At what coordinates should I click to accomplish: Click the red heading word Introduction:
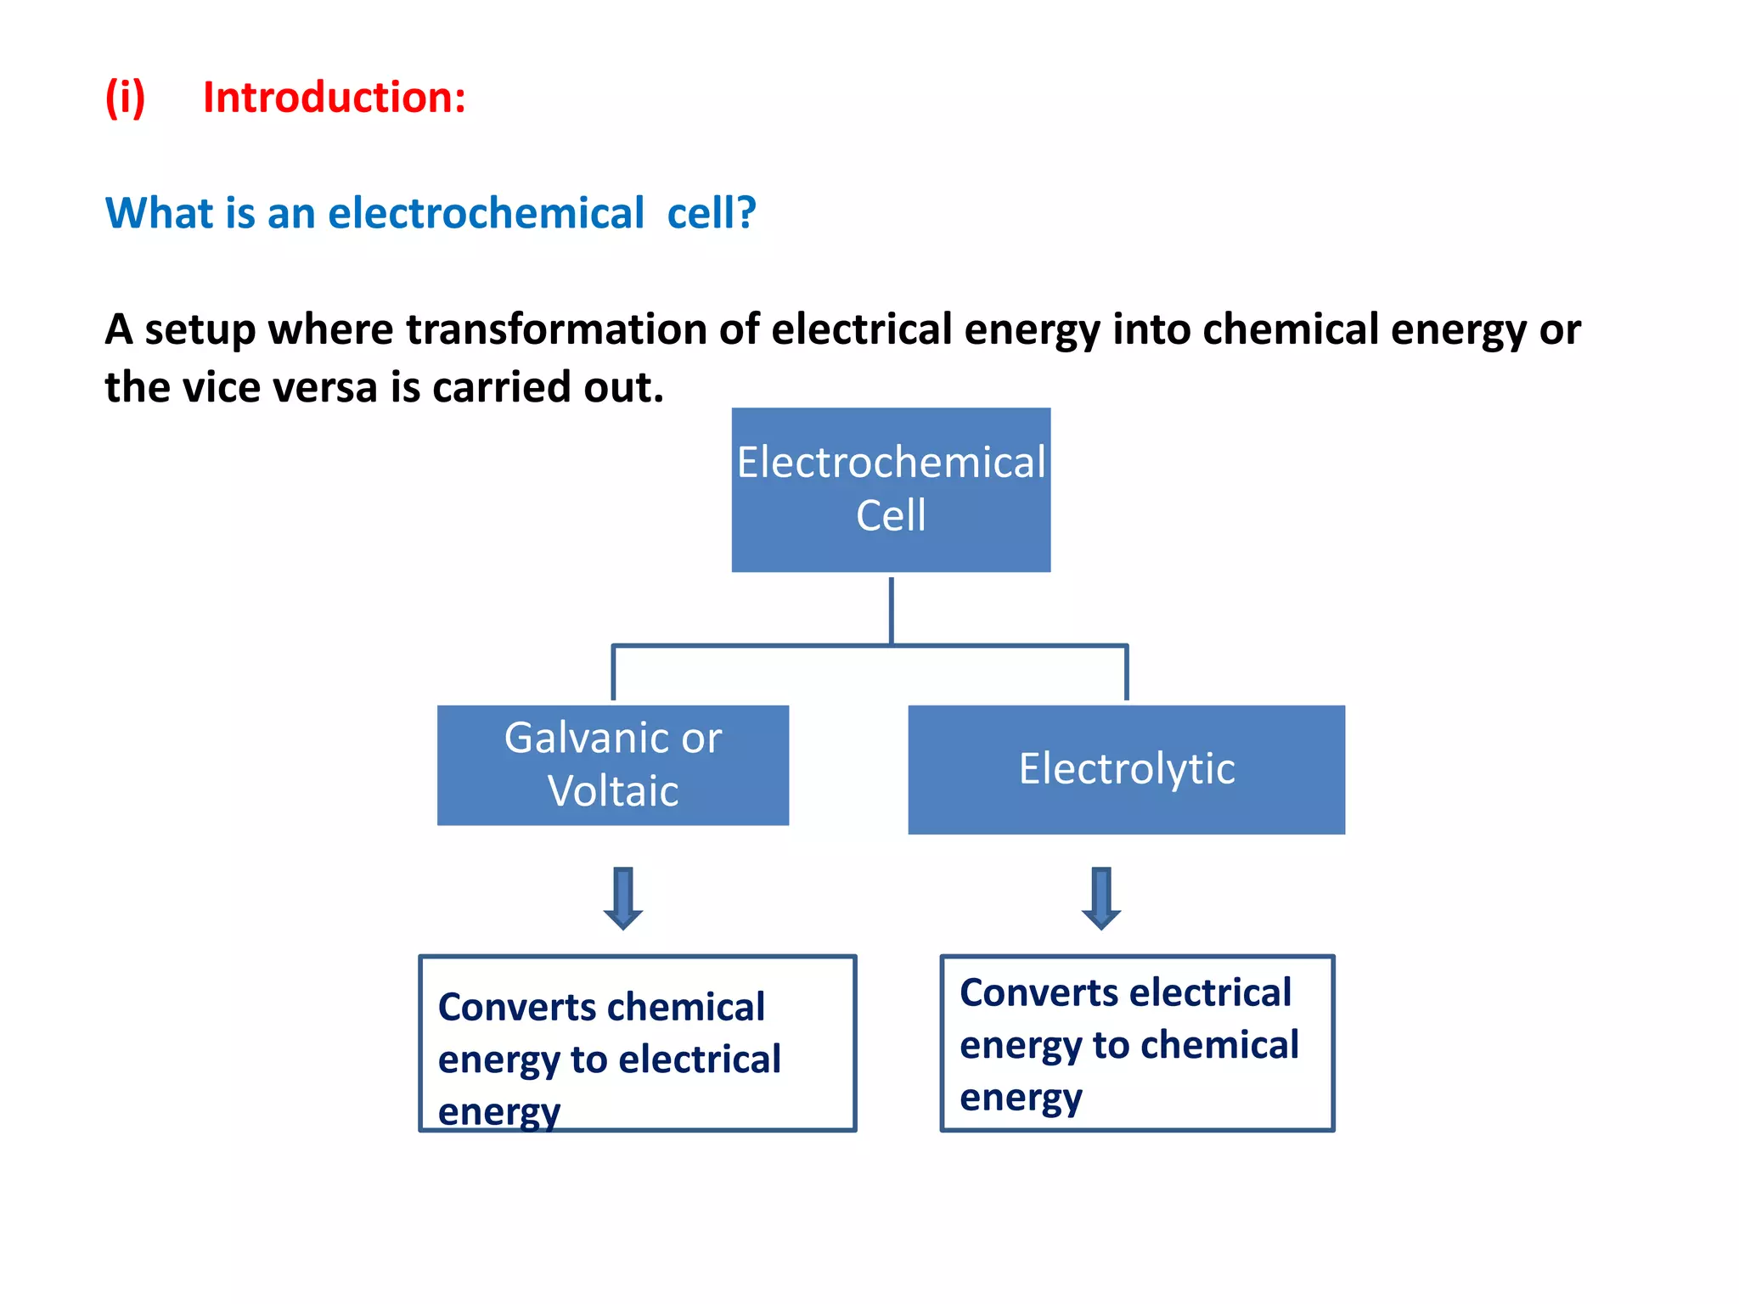pos(334,98)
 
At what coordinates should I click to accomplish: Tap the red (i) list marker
pos(125,98)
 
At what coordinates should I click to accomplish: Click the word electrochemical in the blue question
pos(486,213)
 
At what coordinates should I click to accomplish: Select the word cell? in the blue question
pos(711,213)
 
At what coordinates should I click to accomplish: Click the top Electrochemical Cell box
pos(891,490)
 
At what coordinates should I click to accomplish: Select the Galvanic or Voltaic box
pos(612,765)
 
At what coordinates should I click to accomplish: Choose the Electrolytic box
pos(1126,769)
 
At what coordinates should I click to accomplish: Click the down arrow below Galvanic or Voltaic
pos(623,898)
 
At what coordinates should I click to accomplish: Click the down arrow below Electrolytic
pos(1101,898)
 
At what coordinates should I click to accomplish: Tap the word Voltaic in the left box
pos(612,791)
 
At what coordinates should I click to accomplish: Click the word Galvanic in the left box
pos(577,738)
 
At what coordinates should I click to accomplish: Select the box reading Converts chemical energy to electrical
pos(637,1043)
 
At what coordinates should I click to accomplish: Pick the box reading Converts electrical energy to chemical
pos(1137,1043)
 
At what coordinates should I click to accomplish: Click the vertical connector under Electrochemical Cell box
pos(891,610)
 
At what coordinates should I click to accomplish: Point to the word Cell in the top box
pos(891,515)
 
